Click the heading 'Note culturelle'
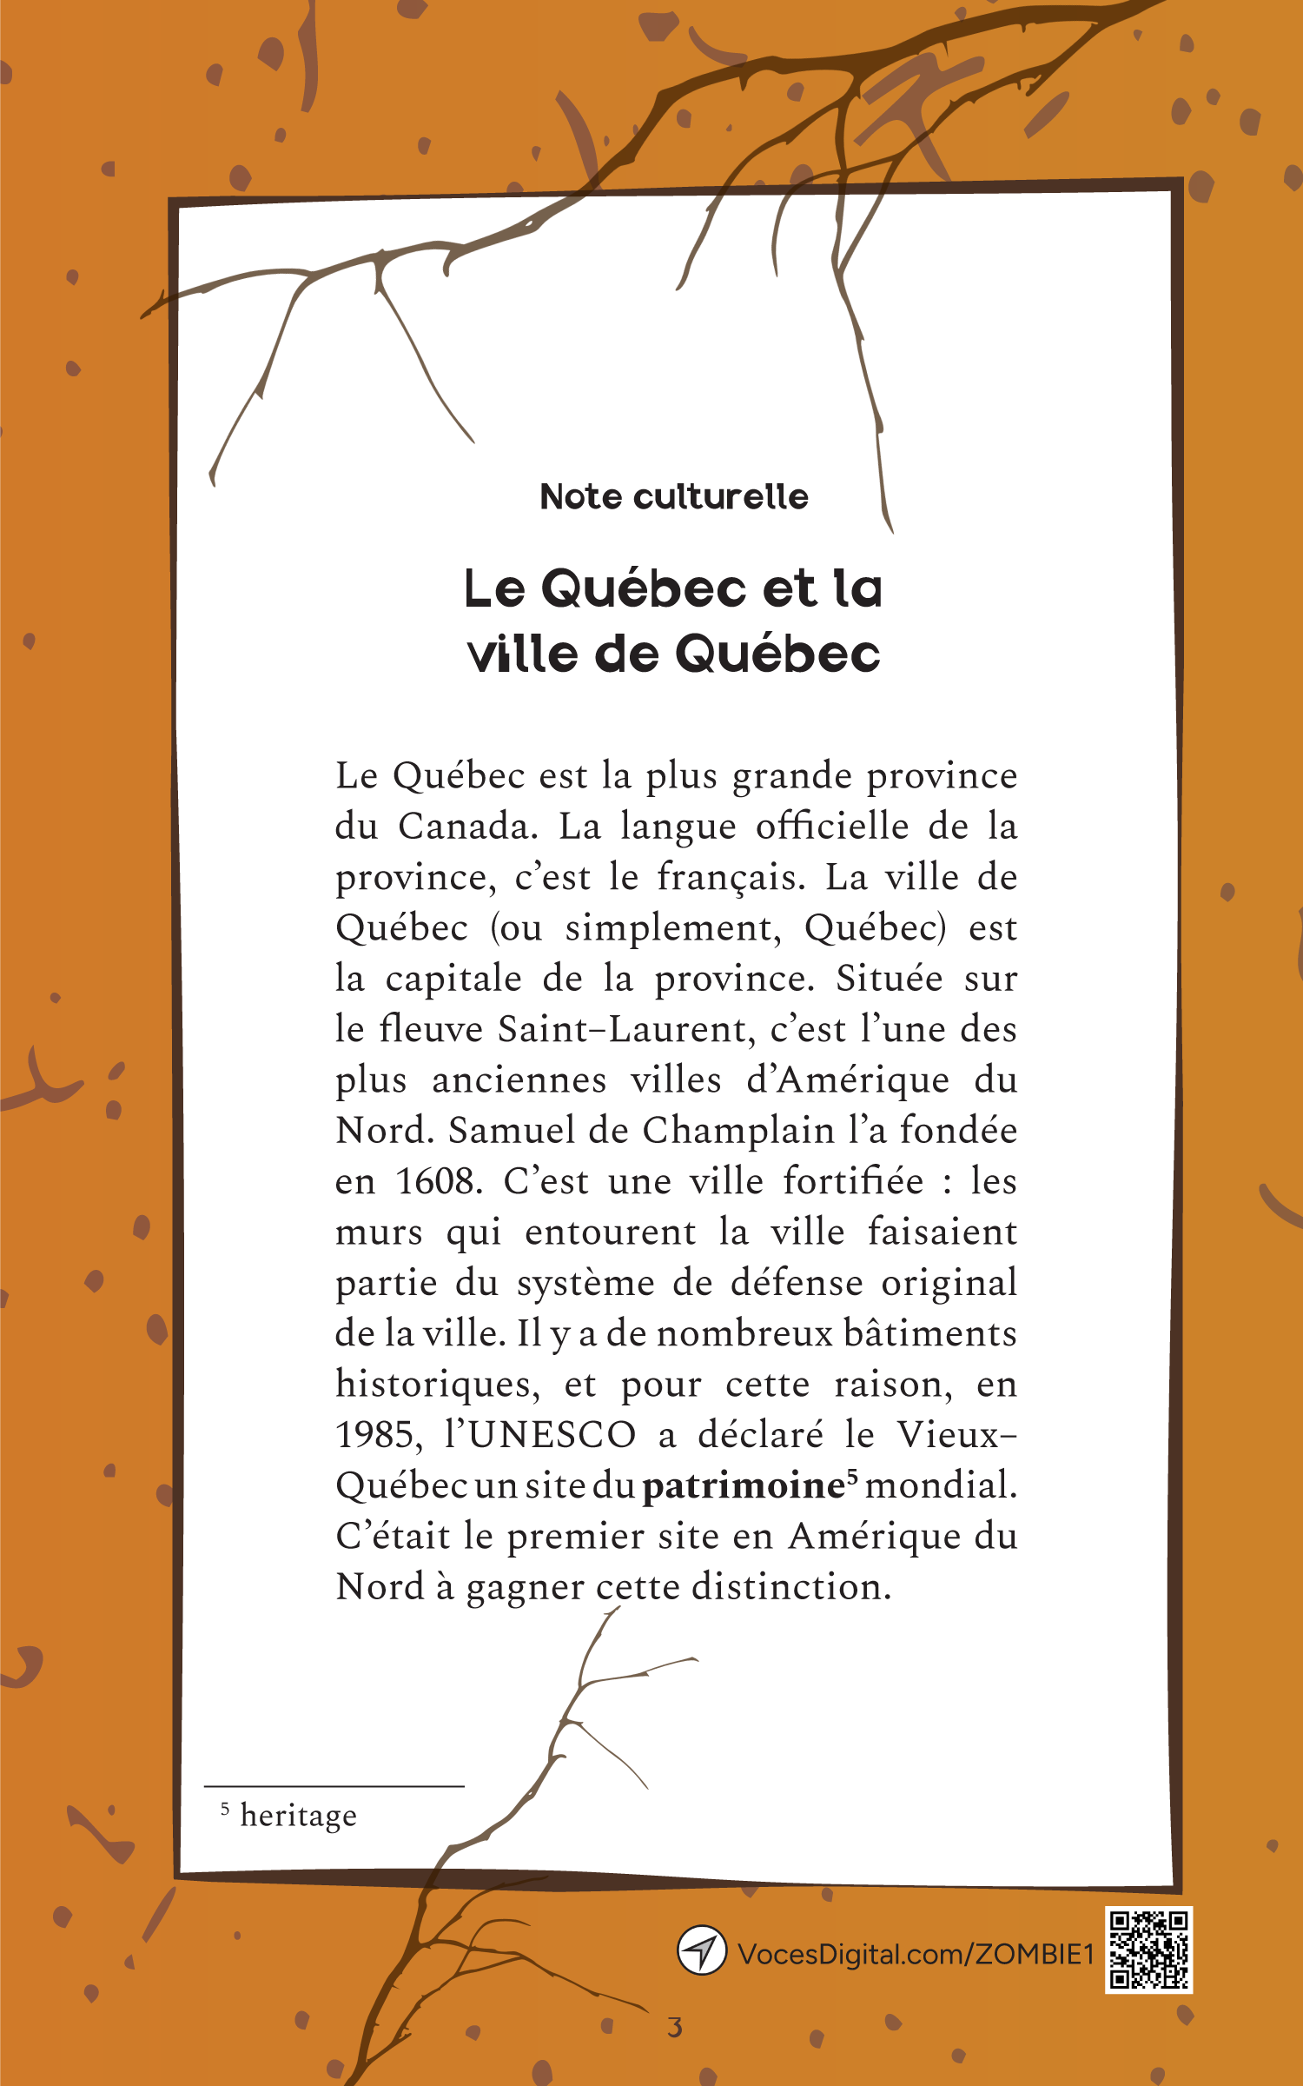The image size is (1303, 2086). point(673,497)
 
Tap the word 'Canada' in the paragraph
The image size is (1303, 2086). point(466,827)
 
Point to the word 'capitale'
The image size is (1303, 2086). point(453,979)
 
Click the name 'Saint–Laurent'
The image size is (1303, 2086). point(621,1030)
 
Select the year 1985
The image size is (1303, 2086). point(379,1435)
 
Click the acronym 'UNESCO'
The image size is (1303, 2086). point(552,1435)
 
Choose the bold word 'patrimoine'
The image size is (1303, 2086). point(744,1486)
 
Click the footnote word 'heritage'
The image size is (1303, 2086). point(298,1816)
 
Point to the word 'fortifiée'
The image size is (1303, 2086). point(853,1182)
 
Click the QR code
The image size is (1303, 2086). point(1148,1950)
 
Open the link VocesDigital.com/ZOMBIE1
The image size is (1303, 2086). point(915,1955)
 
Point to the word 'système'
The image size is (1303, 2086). point(585,1284)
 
